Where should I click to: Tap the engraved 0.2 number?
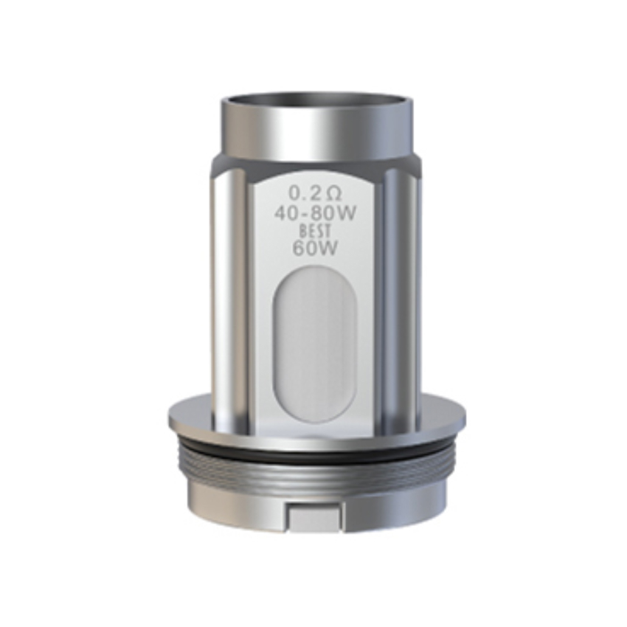click(304, 194)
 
